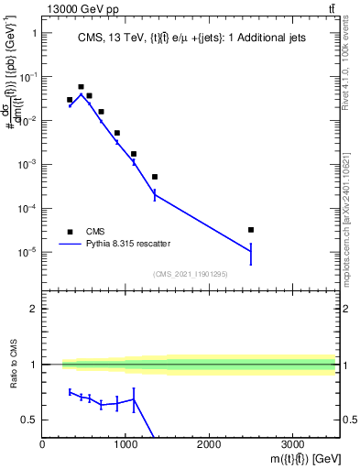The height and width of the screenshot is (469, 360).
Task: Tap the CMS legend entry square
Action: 70,232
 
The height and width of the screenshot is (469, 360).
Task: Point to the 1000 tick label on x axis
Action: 125,444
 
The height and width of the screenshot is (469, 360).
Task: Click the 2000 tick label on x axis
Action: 209,444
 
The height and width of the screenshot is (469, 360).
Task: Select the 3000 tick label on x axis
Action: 292,444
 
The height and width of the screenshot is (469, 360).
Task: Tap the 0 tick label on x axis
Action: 42,444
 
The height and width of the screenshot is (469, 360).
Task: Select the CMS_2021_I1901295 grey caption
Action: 190,274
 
